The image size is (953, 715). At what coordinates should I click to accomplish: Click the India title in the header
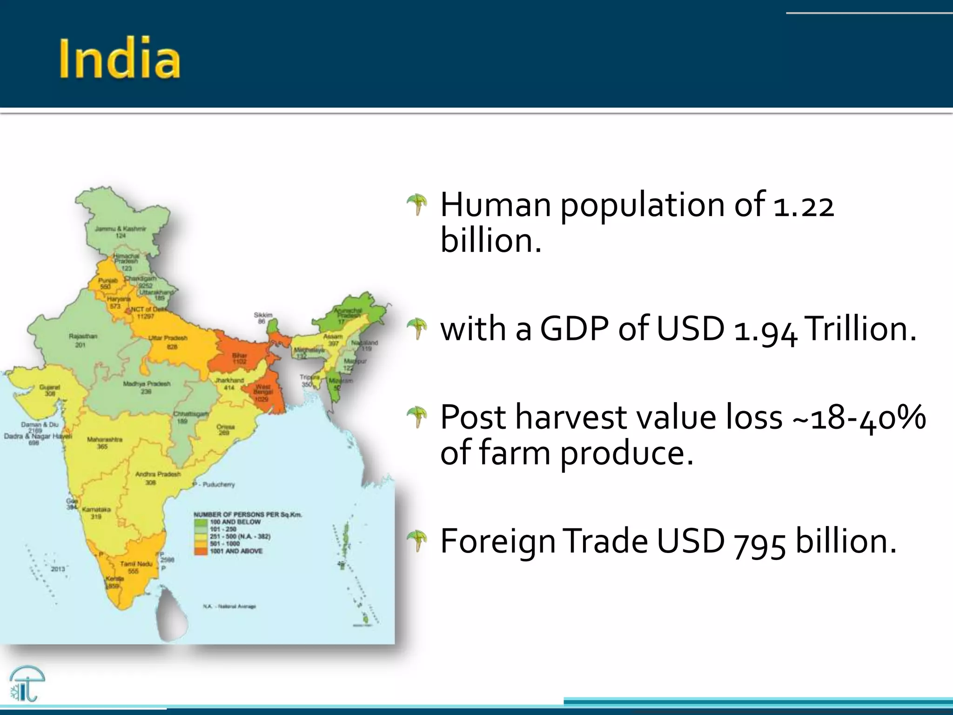coord(120,59)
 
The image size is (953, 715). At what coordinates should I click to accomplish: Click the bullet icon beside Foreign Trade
coord(417,541)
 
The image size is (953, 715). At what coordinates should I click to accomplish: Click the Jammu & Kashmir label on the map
coord(121,229)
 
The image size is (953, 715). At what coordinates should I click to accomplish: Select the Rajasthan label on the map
coord(83,336)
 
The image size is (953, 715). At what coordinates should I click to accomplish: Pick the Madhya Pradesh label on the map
coord(147,384)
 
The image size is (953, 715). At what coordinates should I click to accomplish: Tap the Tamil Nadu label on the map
coord(136,564)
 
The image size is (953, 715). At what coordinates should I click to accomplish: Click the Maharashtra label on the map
coord(105,439)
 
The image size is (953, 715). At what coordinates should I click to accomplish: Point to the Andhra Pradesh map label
coord(158,474)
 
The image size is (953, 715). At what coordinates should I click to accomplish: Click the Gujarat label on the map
coord(49,387)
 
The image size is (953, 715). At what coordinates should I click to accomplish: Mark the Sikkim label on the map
coord(263,315)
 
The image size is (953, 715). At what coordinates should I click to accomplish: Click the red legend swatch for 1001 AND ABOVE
coord(201,551)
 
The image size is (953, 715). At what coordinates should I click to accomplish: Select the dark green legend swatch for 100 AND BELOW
coord(201,522)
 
